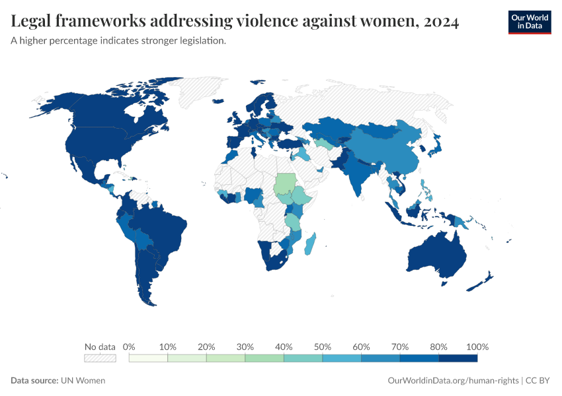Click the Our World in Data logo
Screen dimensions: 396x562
529,22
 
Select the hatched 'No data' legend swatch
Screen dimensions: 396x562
100,358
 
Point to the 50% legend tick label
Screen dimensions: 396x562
322,346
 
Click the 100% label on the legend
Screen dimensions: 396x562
477,346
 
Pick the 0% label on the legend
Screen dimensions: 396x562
130,346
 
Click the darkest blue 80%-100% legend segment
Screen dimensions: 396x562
458,358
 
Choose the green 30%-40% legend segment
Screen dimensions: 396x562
264,358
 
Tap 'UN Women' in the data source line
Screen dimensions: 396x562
83,380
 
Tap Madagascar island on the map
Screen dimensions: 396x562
309,245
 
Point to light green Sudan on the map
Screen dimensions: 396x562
286,181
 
